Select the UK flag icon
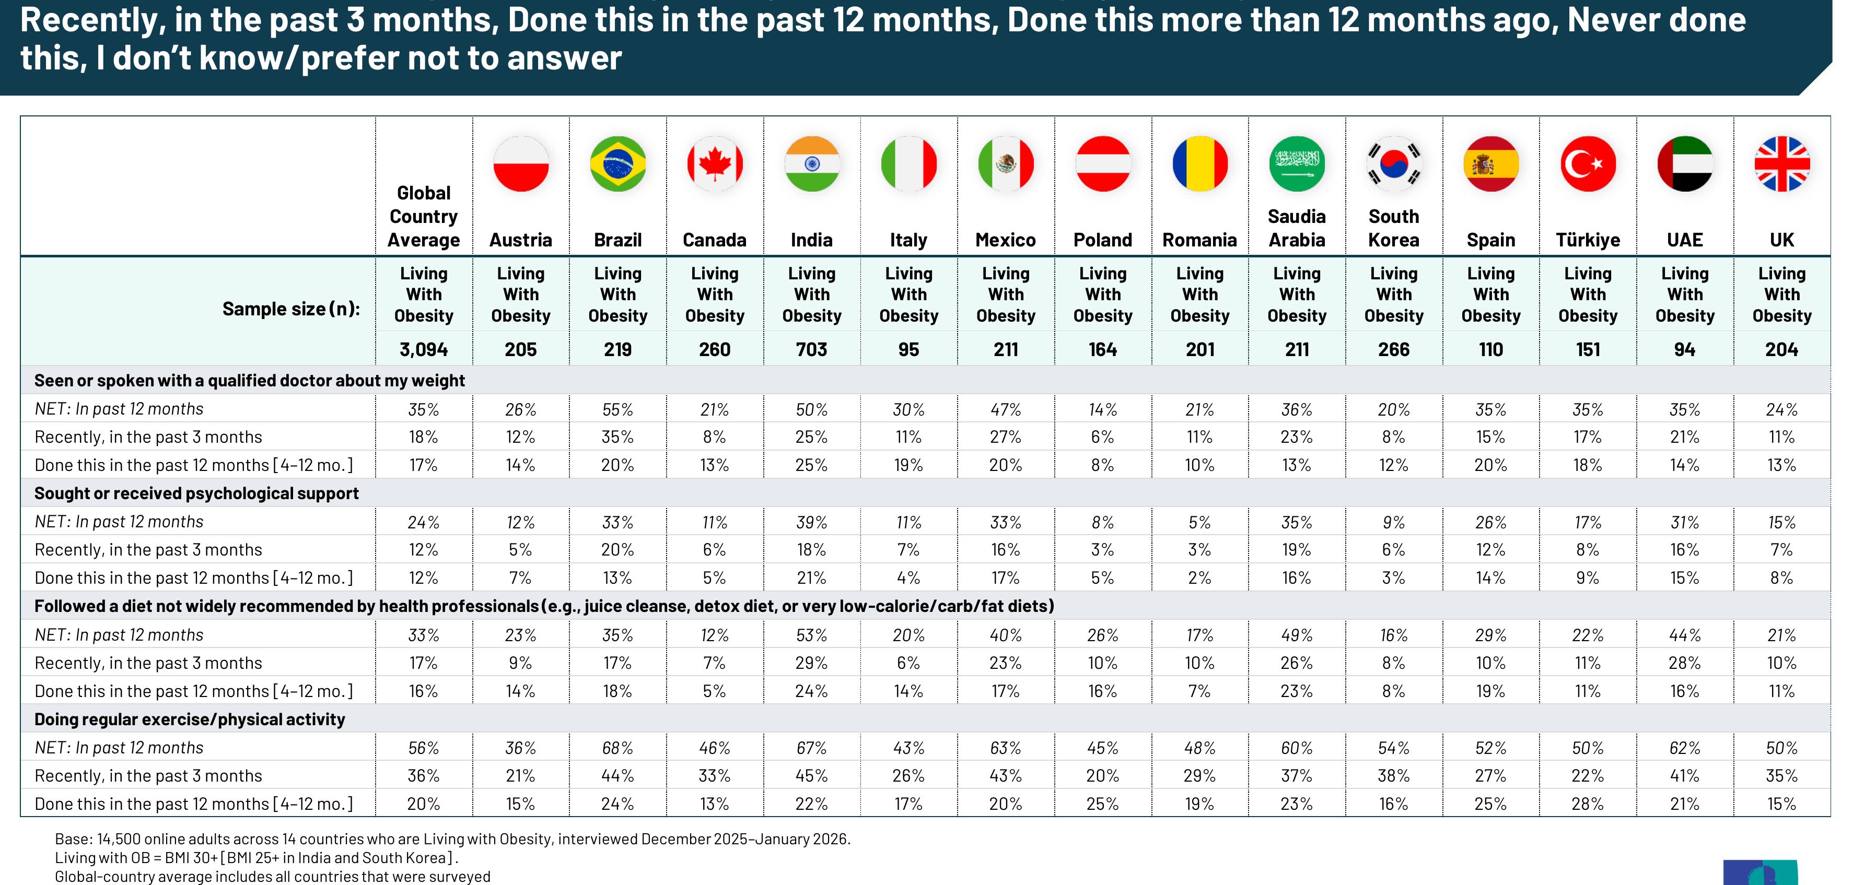click(1782, 164)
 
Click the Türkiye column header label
click(1588, 240)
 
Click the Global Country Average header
click(424, 216)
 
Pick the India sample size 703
click(811, 349)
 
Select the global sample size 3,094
click(424, 349)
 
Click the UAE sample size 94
click(1685, 349)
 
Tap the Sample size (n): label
click(290, 309)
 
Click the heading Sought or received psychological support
click(196, 493)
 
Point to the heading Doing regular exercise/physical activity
click(190, 719)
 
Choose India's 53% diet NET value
click(811, 635)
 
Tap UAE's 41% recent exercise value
click(1685, 776)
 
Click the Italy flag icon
click(908, 164)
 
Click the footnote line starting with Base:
click(452, 839)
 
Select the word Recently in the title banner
click(88, 20)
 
